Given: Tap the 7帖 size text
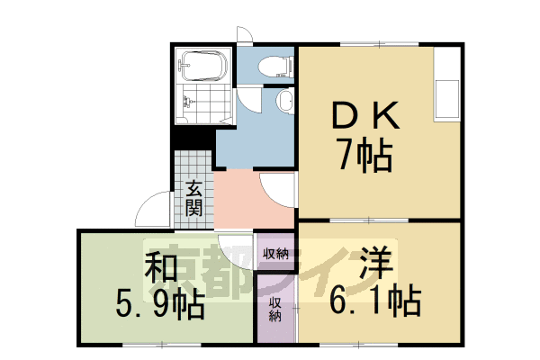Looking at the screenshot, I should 364,156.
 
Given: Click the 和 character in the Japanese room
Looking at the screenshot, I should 158,268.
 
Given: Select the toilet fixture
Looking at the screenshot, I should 273,64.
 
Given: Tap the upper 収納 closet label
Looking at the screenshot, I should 275,253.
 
